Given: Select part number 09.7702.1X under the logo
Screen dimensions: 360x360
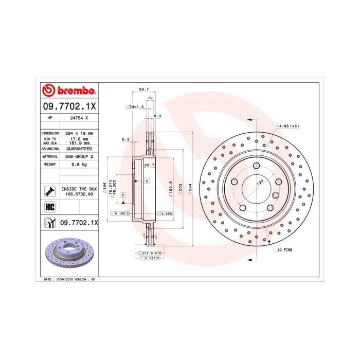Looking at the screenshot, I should tap(68, 106).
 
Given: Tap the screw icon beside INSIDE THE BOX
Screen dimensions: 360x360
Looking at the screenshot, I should tap(50, 191).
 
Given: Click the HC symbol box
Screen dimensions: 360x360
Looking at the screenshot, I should tap(50, 207).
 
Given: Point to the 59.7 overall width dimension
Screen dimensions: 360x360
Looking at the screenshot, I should tap(143, 89).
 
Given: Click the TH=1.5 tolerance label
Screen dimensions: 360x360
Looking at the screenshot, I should tap(135, 106).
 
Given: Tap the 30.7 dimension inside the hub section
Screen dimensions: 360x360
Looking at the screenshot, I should tap(149, 165).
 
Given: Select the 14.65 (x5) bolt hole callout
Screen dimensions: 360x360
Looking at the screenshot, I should tap(288, 125).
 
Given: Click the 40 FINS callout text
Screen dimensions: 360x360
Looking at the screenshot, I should tap(285, 249).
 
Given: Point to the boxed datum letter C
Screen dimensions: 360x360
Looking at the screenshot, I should tap(147, 182).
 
